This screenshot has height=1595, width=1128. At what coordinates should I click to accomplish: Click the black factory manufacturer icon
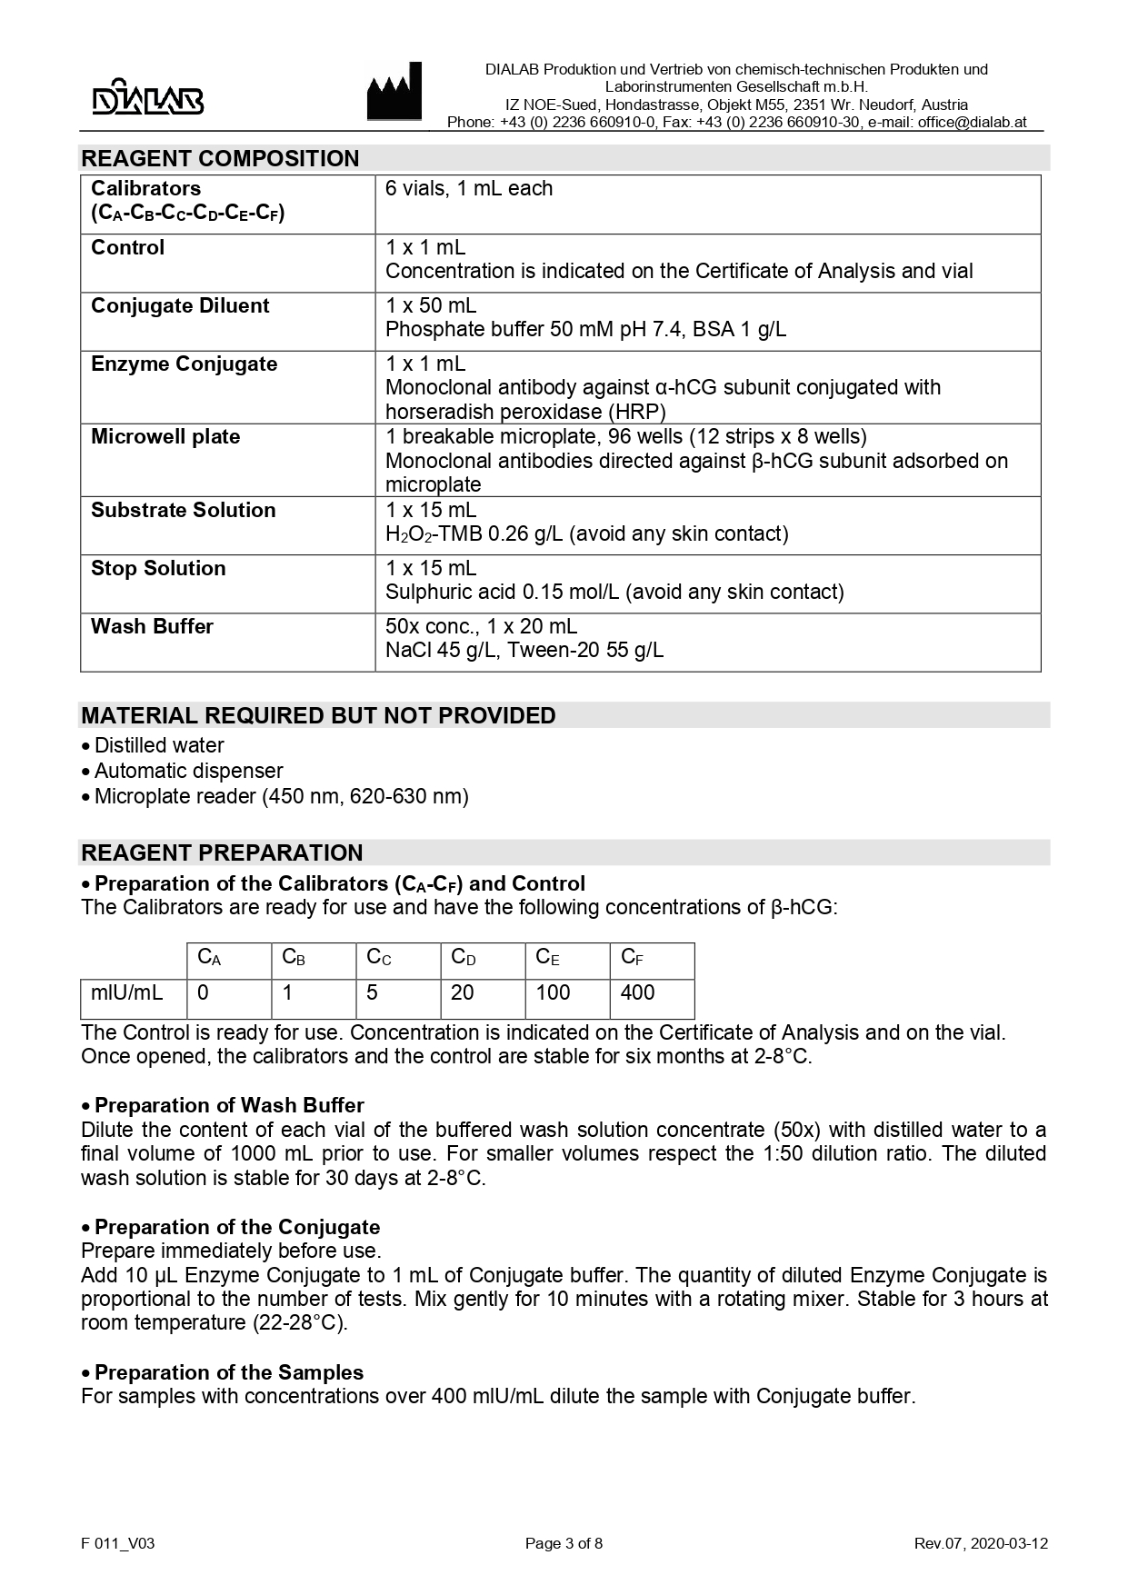[394, 92]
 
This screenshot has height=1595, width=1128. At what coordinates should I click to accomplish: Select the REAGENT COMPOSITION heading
[220, 158]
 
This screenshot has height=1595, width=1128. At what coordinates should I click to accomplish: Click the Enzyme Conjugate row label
[184, 364]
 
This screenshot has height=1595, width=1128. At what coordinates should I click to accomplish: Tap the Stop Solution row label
[158, 569]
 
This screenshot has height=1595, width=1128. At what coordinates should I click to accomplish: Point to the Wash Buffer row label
[152, 627]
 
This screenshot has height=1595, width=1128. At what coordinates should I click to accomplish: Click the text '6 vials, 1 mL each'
[469, 189]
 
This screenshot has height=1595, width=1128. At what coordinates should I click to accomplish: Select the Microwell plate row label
[165, 437]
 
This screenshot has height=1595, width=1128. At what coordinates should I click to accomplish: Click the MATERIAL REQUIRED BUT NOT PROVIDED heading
[318, 715]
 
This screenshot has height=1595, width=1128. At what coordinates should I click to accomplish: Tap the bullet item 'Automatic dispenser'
[188, 771]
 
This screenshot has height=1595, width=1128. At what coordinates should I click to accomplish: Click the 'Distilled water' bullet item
[159, 745]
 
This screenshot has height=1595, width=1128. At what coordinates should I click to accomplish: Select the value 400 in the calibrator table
[637, 992]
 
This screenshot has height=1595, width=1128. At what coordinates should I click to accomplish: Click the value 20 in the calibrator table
[462, 992]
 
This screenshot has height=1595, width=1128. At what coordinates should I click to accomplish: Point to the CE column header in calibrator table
[547, 957]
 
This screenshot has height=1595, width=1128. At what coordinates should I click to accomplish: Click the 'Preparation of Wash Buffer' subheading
[229, 1106]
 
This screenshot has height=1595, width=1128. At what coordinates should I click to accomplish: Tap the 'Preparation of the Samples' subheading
[229, 1372]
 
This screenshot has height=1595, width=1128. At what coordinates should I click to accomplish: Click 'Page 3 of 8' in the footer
[564, 1543]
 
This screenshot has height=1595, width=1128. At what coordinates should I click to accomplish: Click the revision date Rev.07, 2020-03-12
[981, 1543]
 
